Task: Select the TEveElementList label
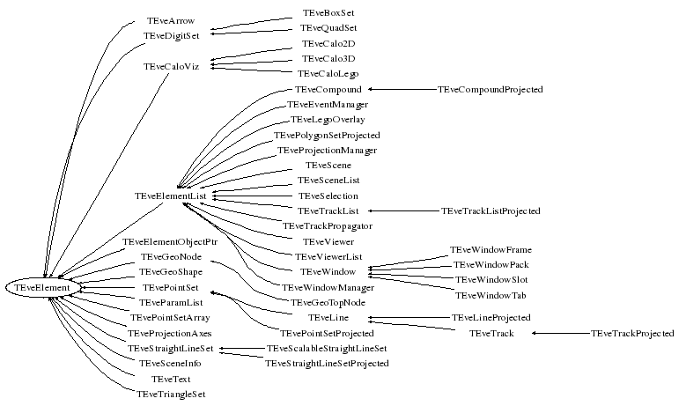pos(171,195)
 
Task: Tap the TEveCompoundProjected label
pos(490,90)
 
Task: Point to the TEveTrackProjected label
pos(632,334)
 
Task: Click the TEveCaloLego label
pos(328,74)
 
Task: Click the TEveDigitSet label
pos(171,36)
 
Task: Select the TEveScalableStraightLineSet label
pos(327,349)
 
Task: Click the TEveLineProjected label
pos(491,317)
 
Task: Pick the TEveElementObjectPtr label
pos(170,241)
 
